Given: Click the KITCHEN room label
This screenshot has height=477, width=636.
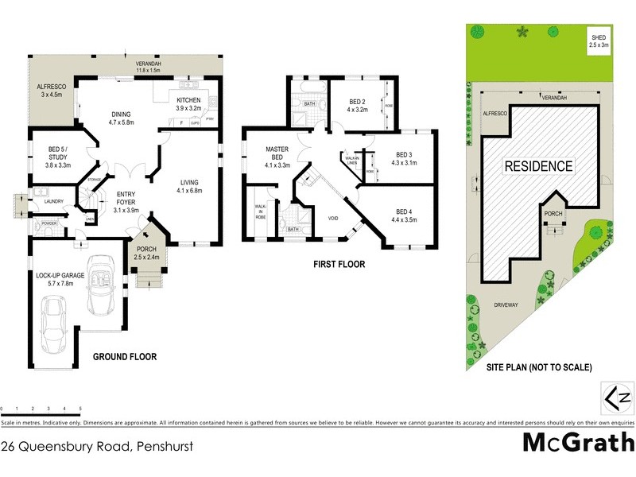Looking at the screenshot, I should click(x=190, y=99).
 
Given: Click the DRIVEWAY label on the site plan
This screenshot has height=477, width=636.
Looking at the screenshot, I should click(x=506, y=304).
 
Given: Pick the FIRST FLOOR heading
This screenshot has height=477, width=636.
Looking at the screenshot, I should click(x=339, y=265).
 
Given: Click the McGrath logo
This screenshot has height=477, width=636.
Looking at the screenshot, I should click(x=578, y=442).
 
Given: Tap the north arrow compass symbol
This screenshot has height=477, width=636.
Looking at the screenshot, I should click(x=617, y=397).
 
